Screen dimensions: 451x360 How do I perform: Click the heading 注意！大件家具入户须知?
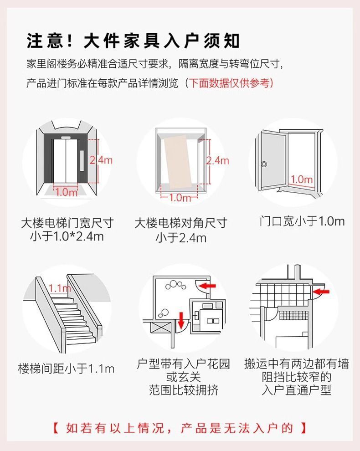click(x=133, y=41)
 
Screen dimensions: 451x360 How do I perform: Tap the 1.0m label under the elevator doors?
click(x=67, y=192)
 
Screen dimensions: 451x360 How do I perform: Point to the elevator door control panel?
click(x=82, y=159)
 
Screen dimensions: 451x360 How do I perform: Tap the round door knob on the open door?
click(x=264, y=164)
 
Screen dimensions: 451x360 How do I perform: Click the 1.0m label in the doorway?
click(x=302, y=179)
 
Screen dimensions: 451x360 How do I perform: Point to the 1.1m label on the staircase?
click(x=59, y=288)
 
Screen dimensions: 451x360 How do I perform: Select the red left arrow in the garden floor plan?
click(x=208, y=286)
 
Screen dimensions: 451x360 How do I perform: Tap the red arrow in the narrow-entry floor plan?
click(x=322, y=291)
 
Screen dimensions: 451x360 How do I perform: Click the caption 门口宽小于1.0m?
click(x=302, y=222)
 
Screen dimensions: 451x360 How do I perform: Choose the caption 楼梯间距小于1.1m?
click(x=66, y=368)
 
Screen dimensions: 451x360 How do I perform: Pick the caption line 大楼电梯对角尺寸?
click(x=180, y=223)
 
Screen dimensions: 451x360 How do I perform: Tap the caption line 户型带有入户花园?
click(x=184, y=364)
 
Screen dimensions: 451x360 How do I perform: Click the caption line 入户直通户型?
click(x=297, y=390)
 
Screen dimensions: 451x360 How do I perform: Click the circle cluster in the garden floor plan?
click(x=175, y=286)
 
